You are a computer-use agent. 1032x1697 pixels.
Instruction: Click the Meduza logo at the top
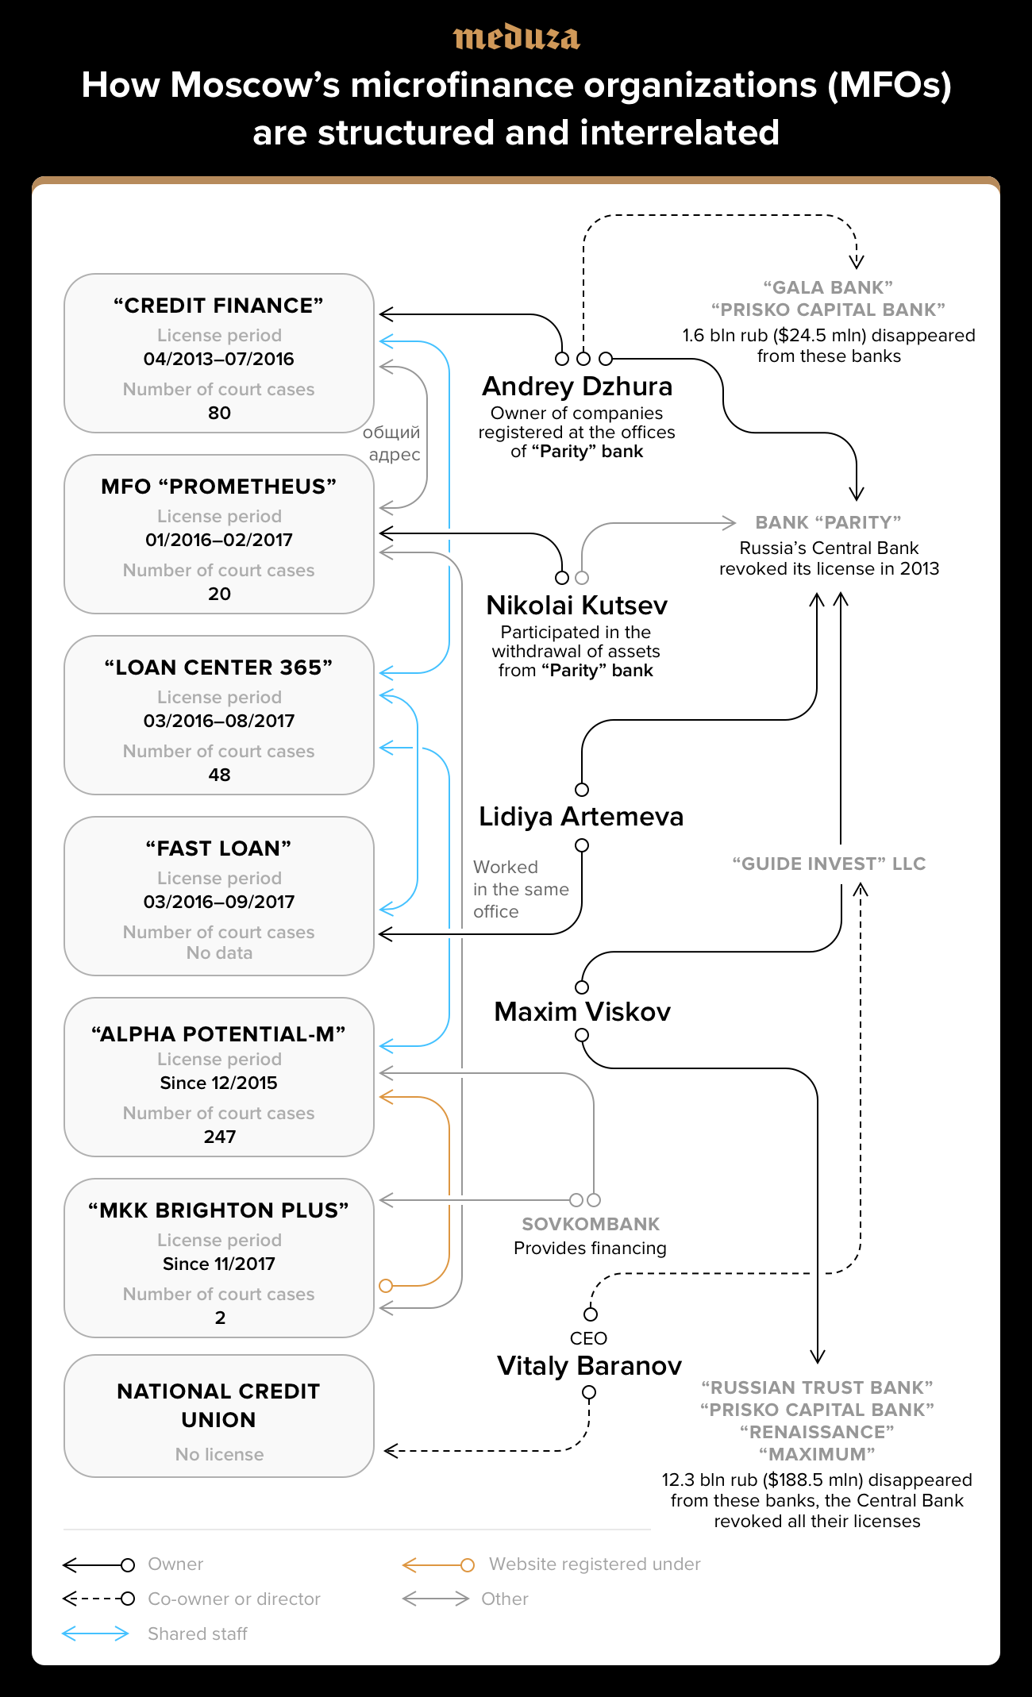click(x=516, y=37)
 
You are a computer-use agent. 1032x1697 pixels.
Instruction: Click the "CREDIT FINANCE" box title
click(x=218, y=306)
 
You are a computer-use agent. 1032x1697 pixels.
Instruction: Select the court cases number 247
click(x=219, y=1137)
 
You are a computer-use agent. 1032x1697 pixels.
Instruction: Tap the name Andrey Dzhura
click(x=577, y=387)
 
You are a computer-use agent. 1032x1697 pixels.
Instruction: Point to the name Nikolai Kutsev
click(x=576, y=606)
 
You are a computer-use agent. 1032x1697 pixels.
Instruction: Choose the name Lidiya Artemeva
click(x=580, y=817)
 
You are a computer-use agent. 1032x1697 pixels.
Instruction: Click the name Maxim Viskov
click(x=582, y=1012)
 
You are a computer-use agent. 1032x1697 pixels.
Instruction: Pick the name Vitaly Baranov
click(x=589, y=1366)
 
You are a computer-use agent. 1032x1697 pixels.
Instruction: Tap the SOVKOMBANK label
click(x=591, y=1224)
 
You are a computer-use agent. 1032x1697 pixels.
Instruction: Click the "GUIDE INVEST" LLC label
click(x=829, y=864)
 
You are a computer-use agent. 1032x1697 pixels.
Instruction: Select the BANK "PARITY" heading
click(x=828, y=522)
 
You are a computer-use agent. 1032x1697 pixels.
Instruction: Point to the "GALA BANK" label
click(x=828, y=287)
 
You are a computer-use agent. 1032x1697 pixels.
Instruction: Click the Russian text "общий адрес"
click(x=393, y=444)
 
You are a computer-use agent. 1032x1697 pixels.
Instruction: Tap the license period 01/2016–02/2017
click(x=219, y=540)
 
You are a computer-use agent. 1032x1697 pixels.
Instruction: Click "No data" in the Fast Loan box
click(x=219, y=952)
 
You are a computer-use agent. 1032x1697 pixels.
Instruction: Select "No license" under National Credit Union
click(x=219, y=1454)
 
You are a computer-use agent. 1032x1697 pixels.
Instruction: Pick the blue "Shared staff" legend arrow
click(x=95, y=1634)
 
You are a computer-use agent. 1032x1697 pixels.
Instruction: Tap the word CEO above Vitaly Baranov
click(x=588, y=1338)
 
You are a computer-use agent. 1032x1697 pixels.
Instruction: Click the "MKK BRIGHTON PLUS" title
click(x=218, y=1210)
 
